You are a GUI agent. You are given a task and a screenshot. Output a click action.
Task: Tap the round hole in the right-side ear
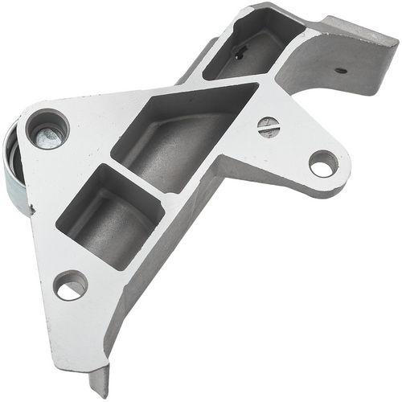click(323, 164)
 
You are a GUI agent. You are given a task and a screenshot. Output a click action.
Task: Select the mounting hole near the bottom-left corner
click(70, 285)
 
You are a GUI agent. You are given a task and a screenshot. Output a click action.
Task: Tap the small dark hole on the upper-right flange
click(341, 70)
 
